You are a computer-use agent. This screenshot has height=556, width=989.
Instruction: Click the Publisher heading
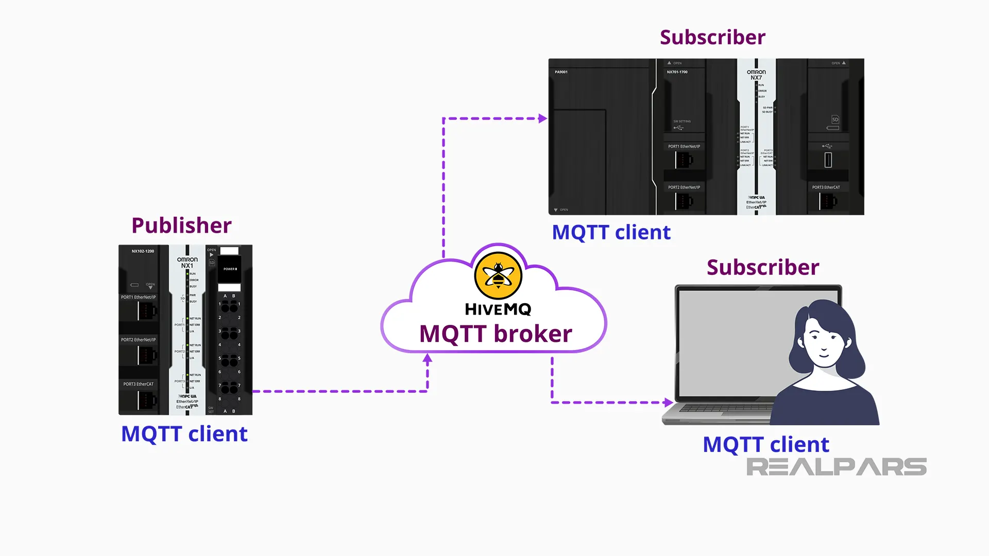[x=181, y=225]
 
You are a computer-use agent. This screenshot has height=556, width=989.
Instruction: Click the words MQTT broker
[x=496, y=334]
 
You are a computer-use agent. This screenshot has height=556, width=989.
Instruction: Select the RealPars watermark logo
[x=836, y=467]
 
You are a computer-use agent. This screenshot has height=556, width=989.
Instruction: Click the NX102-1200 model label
[x=143, y=251]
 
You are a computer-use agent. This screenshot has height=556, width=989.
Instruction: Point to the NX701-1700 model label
[x=677, y=72]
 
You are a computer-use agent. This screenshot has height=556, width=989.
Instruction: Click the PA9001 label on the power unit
[x=561, y=72]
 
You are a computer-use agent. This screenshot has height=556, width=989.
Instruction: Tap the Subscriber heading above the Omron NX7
[x=712, y=37]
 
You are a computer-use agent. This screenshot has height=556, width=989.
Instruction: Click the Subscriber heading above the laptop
[x=762, y=267]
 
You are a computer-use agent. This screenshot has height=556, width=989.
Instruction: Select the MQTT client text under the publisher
[x=184, y=433]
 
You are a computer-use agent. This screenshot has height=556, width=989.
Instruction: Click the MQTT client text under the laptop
[x=766, y=444]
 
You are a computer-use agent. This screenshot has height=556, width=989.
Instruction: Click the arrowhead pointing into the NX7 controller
[x=542, y=118]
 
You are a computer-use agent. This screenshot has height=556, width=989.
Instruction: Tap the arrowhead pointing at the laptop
[x=669, y=403]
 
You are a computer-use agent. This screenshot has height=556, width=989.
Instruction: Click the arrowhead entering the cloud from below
[x=428, y=359]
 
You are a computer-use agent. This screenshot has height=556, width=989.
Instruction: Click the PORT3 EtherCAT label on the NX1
[x=138, y=384]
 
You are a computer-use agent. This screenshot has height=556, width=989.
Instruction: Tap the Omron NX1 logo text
[x=187, y=263]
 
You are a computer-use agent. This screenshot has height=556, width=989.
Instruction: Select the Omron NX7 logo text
[x=756, y=75]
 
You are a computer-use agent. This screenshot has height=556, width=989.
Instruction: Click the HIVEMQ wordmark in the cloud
[x=498, y=309]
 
